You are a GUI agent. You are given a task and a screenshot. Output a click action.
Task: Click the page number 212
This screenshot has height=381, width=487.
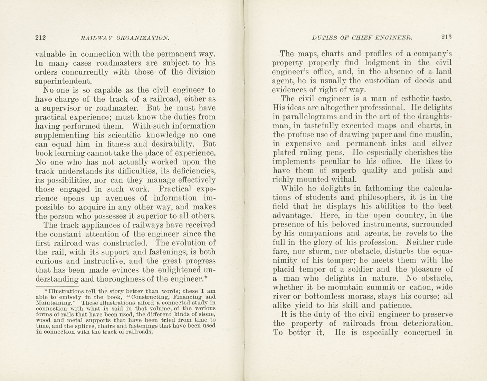pos(40,38)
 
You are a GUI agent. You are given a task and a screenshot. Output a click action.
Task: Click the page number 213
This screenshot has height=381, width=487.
pos(446,37)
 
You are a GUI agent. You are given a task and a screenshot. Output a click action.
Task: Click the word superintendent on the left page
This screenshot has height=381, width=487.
pos(63,81)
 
